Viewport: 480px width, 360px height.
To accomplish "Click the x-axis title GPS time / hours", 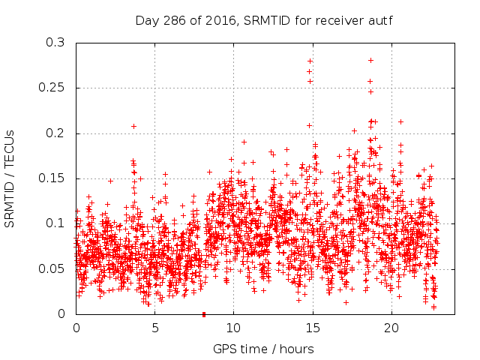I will (263, 349).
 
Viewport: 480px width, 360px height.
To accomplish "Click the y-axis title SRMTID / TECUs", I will (10, 178).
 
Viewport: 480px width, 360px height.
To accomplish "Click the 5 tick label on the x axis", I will (155, 328).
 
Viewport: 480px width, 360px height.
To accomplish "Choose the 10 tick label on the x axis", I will (234, 328).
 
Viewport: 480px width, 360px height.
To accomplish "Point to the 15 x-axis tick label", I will (313, 328).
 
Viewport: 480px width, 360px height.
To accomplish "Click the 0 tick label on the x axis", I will (76, 328).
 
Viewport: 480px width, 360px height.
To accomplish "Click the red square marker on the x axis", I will (204, 314).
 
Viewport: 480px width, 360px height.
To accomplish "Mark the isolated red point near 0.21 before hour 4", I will (133, 126).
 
